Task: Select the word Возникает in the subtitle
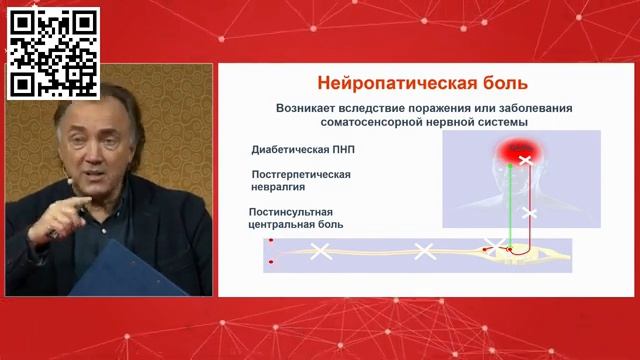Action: (312, 107)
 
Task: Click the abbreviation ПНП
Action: (340, 150)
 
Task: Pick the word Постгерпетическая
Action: (301, 173)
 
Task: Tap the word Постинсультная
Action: (290, 211)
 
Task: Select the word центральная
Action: (283, 225)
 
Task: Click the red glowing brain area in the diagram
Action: (522, 155)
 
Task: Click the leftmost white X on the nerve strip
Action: (321, 251)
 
